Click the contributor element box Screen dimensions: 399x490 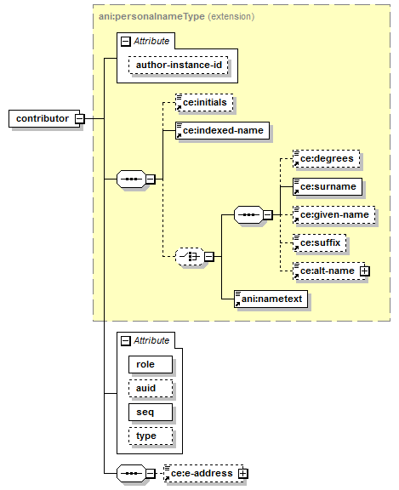coord(44,118)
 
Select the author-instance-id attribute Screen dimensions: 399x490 coord(179,65)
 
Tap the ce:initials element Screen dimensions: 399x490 coord(204,102)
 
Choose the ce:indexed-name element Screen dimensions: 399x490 coord(222,131)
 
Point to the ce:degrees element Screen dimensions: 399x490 coord(326,159)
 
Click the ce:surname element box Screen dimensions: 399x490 coord(328,187)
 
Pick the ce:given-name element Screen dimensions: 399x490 coord(334,215)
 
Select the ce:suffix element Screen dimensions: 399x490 coord(319,242)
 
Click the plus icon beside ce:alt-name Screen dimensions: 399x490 coord(364,271)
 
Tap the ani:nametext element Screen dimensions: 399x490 coord(271,299)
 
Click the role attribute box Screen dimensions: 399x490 coord(151,364)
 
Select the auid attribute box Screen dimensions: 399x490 coord(151,389)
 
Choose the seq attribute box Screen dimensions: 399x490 coord(151,413)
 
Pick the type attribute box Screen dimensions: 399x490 coord(151,436)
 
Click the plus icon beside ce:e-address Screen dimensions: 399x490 coord(242,474)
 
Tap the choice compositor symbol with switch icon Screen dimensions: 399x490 coord(190,257)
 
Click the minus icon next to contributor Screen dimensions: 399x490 coord(80,119)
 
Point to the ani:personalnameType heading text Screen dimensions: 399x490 coord(151,16)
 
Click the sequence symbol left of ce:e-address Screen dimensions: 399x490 coord(131,474)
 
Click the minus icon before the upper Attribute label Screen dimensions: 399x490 coord(126,41)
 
